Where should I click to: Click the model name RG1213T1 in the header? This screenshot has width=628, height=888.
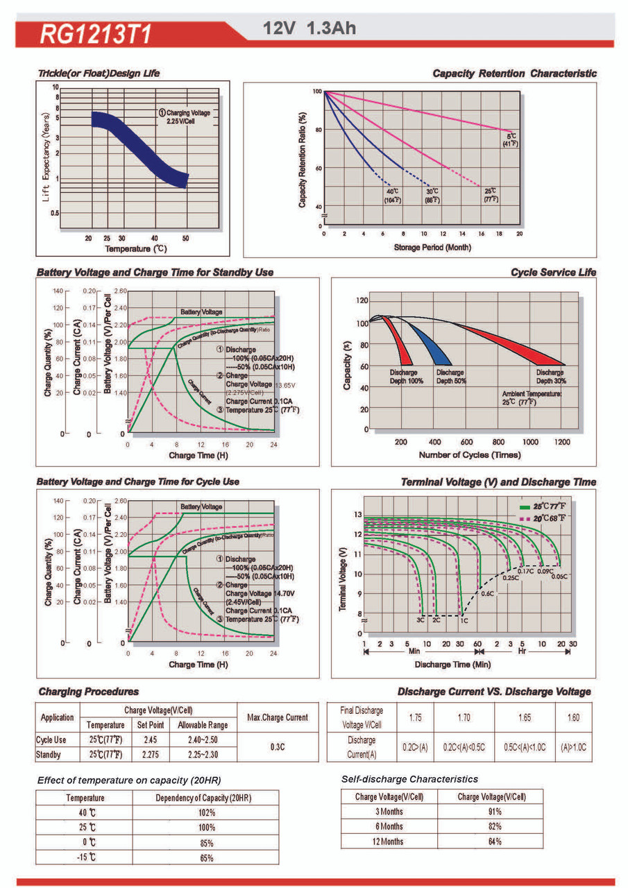click(x=96, y=35)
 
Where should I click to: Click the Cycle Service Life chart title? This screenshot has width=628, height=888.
click(x=553, y=273)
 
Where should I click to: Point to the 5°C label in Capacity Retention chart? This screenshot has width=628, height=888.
click(x=511, y=139)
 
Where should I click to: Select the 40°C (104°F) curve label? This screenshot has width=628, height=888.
click(x=392, y=195)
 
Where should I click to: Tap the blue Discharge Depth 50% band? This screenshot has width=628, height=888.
click(x=435, y=347)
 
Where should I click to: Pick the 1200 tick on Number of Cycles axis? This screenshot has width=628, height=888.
click(x=562, y=442)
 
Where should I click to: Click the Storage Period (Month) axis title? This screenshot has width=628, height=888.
click(x=423, y=247)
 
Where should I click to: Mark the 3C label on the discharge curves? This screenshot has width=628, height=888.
click(x=421, y=620)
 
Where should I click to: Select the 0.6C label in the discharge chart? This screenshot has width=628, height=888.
click(x=487, y=594)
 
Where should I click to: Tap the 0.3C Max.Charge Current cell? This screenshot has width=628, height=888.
click(x=278, y=747)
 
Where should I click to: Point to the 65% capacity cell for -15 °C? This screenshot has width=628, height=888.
click(x=206, y=857)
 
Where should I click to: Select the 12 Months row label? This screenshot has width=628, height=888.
click(x=389, y=842)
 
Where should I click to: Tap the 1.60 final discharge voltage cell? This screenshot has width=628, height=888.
click(x=573, y=717)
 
